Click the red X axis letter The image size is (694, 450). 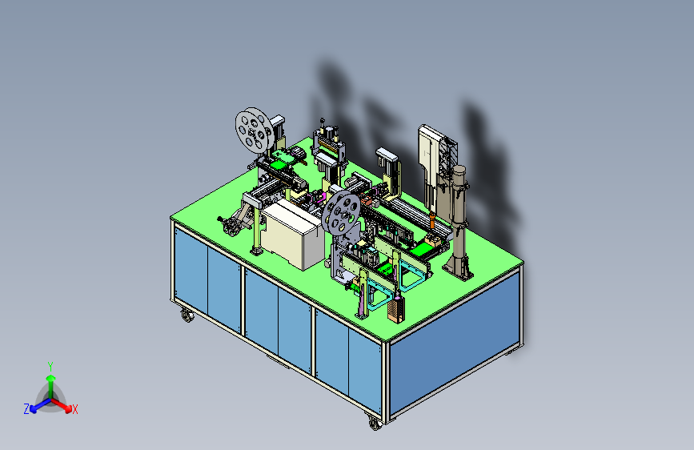[74, 410]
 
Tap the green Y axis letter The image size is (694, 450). [50, 367]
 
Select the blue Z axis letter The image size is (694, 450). [26, 409]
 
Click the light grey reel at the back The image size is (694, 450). [255, 130]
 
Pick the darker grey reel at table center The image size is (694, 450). [341, 212]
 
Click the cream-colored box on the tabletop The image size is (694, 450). [292, 234]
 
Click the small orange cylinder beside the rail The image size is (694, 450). [432, 220]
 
